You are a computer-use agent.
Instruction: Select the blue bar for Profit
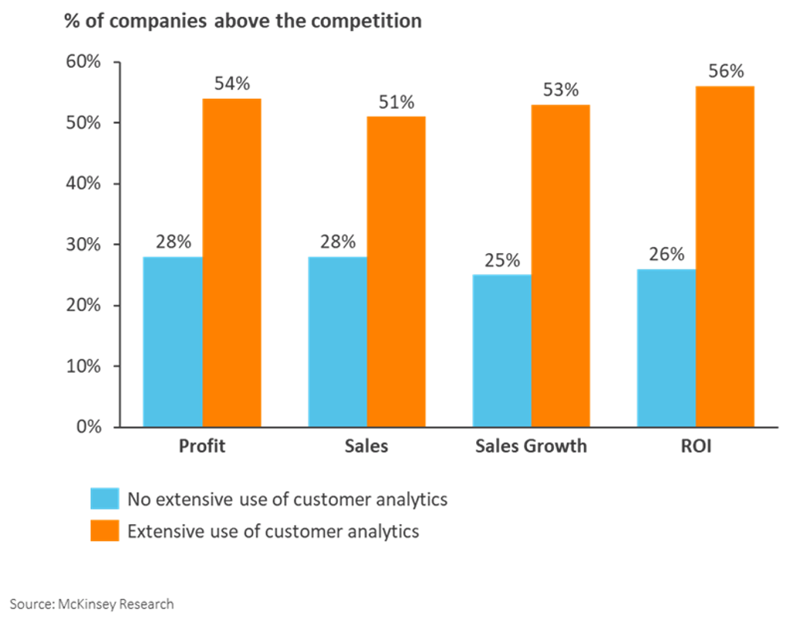(172, 340)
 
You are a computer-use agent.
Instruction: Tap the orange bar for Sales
(397, 270)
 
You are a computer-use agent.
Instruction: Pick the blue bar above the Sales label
(336, 340)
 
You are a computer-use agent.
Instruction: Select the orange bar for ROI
(725, 255)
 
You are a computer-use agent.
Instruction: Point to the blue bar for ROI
(665, 347)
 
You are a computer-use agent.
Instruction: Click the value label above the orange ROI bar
(725, 72)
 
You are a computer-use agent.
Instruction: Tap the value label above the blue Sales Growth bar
(501, 260)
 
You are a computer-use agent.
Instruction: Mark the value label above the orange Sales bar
(397, 102)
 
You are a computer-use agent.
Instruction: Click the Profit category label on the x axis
(202, 446)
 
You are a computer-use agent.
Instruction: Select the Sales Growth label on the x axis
(531, 446)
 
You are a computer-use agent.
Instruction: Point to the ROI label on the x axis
(696, 446)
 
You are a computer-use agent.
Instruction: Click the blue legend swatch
(104, 499)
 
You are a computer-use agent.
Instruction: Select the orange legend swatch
(104, 531)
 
